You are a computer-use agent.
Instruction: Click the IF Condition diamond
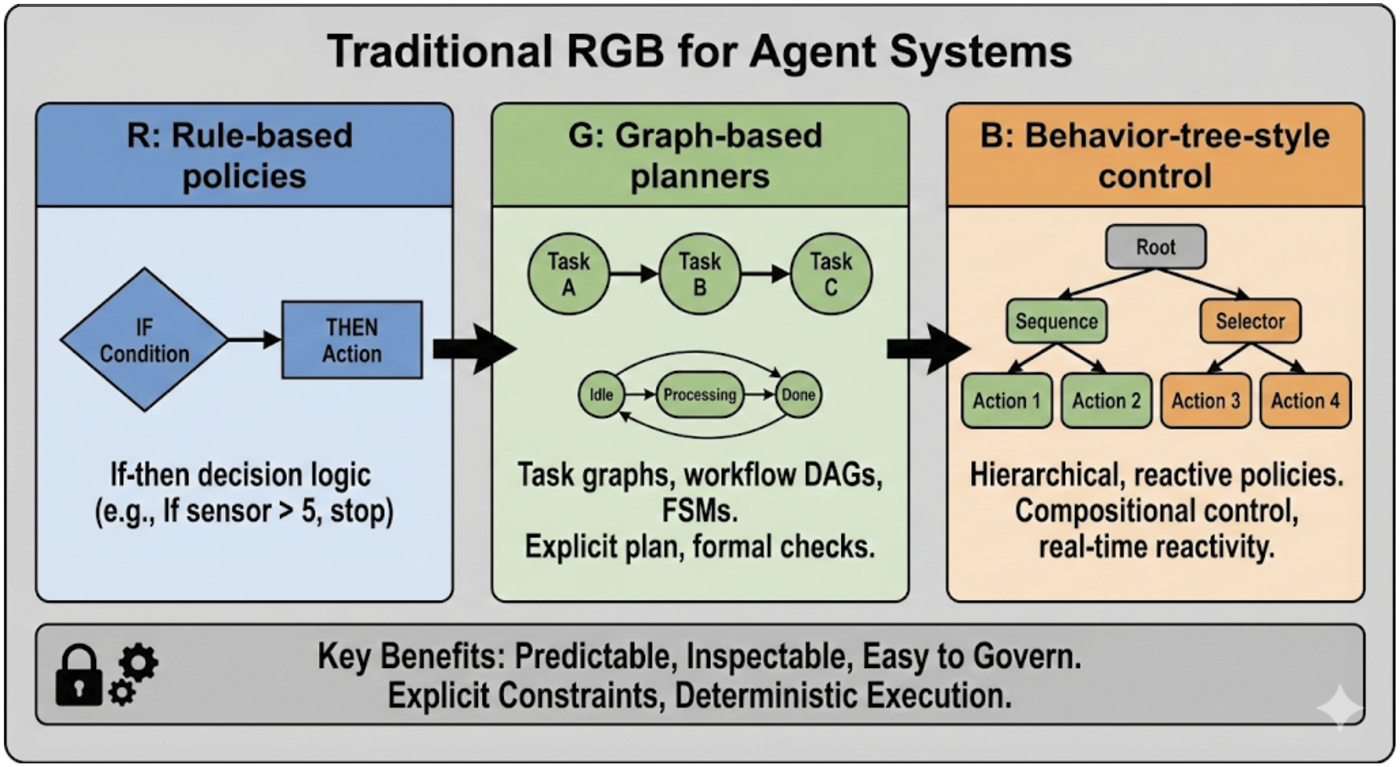(x=144, y=339)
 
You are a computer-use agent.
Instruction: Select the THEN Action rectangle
(x=352, y=340)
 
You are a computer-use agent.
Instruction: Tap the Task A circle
(x=569, y=274)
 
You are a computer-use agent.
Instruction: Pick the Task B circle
(x=699, y=274)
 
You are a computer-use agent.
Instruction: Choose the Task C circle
(x=831, y=274)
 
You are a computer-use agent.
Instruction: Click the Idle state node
(x=601, y=394)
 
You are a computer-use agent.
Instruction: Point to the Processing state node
(x=700, y=394)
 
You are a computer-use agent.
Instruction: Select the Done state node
(x=798, y=394)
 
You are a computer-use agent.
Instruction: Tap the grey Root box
(x=1156, y=247)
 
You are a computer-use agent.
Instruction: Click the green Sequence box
(x=1057, y=321)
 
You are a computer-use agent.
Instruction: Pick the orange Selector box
(x=1250, y=321)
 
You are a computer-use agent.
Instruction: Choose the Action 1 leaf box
(x=1006, y=401)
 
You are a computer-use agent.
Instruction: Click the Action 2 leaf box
(x=1106, y=401)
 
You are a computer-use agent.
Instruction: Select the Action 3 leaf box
(x=1206, y=401)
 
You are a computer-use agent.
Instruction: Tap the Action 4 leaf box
(x=1306, y=401)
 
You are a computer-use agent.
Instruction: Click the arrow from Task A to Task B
(x=633, y=274)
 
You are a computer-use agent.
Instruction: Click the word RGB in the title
(x=615, y=52)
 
